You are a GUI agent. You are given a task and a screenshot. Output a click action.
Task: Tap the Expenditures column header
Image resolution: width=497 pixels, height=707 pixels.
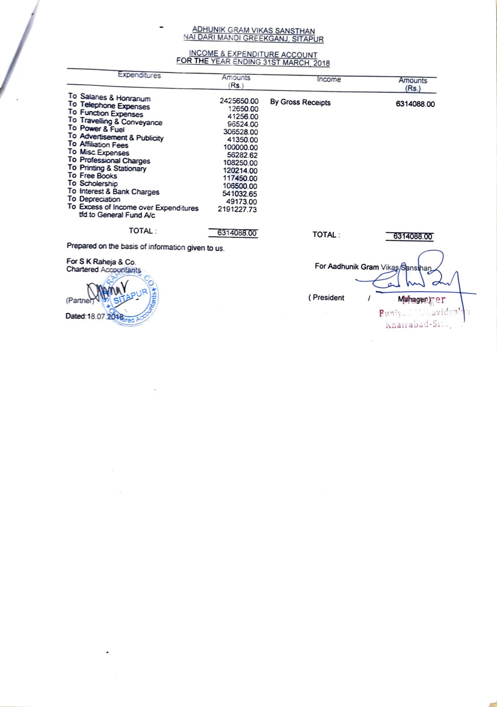click(139, 75)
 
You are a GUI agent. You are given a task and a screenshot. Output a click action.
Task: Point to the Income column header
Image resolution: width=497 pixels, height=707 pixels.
click(329, 80)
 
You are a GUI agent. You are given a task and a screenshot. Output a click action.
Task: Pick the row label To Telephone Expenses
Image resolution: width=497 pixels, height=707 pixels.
click(109, 106)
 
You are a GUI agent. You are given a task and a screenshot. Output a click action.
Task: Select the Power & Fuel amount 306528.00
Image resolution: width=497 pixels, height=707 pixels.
click(240, 132)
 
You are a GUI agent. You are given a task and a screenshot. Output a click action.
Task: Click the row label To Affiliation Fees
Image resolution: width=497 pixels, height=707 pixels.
click(98, 145)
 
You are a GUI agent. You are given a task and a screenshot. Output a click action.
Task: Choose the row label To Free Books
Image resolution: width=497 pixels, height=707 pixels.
click(92, 176)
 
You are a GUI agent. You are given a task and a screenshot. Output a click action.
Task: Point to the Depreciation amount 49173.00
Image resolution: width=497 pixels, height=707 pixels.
click(242, 201)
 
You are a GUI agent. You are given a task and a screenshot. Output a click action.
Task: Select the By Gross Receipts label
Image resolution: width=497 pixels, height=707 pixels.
click(300, 103)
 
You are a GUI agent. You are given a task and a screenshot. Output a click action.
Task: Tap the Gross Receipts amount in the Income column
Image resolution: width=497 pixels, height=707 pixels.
click(415, 105)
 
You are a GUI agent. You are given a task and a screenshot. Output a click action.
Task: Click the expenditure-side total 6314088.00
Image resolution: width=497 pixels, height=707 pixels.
click(237, 233)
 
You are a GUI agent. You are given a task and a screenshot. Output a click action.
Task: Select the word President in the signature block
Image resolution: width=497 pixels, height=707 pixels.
click(327, 298)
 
